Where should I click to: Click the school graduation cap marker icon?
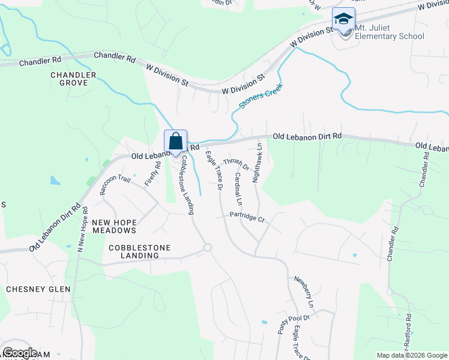tap(344, 19)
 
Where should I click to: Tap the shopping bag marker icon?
tap(176, 142)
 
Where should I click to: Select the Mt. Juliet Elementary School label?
tap(390, 32)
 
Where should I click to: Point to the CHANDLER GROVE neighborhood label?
tap(73, 79)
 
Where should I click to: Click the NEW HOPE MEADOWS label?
tap(114, 226)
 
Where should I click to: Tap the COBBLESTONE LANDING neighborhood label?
tap(140, 251)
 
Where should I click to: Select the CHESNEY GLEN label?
tap(38, 289)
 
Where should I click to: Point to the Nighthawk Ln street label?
tap(258, 162)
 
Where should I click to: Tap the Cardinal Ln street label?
tap(238, 188)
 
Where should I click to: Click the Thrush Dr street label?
tap(237, 163)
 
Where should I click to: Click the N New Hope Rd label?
tap(82, 229)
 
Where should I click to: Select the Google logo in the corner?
tap(20, 353)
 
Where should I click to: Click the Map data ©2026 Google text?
tap(411, 355)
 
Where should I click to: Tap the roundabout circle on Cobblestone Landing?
tap(208, 247)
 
